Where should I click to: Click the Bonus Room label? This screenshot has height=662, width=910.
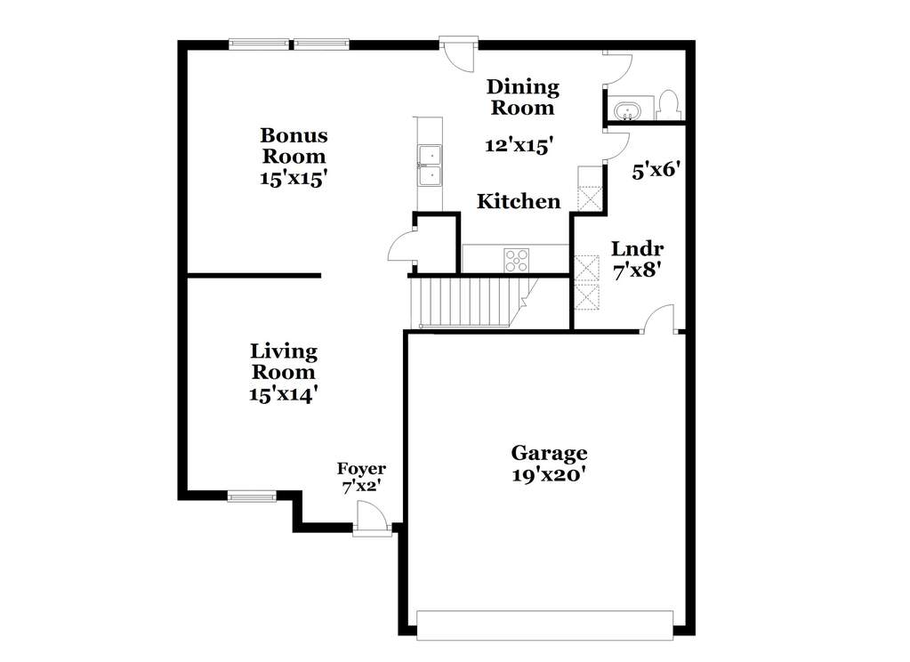pyautogui.click(x=294, y=146)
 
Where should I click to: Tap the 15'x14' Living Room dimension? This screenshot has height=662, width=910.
pyautogui.click(x=283, y=394)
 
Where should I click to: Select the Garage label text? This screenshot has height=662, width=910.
pyautogui.click(x=549, y=453)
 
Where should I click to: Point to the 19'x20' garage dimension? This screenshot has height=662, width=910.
pyautogui.click(x=549, y=476)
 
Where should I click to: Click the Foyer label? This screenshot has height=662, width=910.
pyautogui.click(x=360, y=469)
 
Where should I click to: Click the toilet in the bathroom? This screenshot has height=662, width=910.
pyautogui.click(x=670, y=105)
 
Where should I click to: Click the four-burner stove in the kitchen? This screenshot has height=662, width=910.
pyautogui.click(x=517, y=260)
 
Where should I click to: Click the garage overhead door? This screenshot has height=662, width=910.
pyautogui.click(x=544, y=626)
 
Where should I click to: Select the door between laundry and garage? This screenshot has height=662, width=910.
pyautogui.click(x=659, y=320)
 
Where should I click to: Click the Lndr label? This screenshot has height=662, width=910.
pyautogui.click(x=636, y=249)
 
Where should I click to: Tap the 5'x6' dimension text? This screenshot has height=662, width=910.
pyautogui.click(x=656, y=170)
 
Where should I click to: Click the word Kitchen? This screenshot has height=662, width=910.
pyautogui.click(x=519, y=202)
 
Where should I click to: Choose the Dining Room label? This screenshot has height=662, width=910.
pyautogui.click(x=522, y=98)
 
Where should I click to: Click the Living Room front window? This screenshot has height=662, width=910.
pyautogui.click(x=252, y=496)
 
